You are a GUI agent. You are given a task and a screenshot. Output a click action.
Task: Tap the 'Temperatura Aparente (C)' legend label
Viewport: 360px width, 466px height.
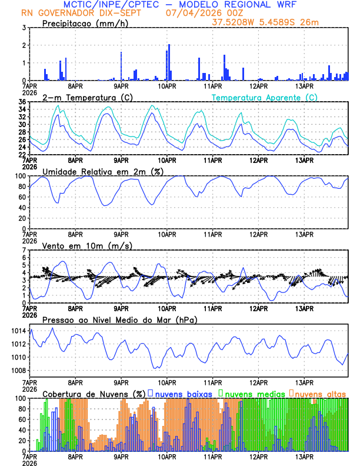(x=265, y=97)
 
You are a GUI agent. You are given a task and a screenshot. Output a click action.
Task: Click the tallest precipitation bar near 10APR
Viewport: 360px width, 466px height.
(x=169, y=62)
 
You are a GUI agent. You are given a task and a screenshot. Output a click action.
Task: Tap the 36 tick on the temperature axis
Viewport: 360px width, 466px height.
(x=21, y=102)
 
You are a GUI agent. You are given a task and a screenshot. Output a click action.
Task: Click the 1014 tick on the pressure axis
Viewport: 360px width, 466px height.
(x=16, y=331)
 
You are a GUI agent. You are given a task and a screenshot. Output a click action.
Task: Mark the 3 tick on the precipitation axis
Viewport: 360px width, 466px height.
(x=23, y=28)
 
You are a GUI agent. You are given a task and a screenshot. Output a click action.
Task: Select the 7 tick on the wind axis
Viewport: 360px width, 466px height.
(x=23, y=250)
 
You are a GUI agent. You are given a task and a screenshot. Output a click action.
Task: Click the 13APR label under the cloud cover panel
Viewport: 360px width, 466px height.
(x=304, y=456)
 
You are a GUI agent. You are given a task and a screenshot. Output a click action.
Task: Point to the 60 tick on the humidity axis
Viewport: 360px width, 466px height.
(x=21, y=197)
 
